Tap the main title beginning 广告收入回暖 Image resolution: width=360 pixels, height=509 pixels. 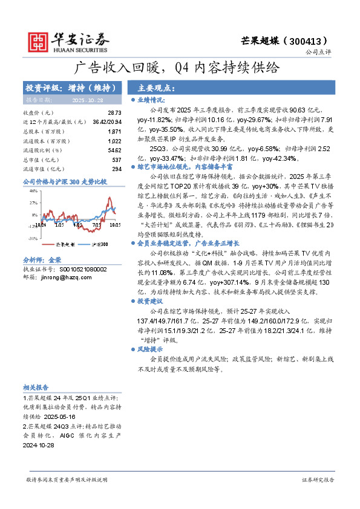pos(180,68)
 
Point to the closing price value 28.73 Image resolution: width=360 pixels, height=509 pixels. pos(114,113)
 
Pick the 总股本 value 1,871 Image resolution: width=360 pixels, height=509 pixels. pos(114,131)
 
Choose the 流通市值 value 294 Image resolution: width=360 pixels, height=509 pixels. pos(117,168)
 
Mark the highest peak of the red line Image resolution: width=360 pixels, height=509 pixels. pos(109,198)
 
